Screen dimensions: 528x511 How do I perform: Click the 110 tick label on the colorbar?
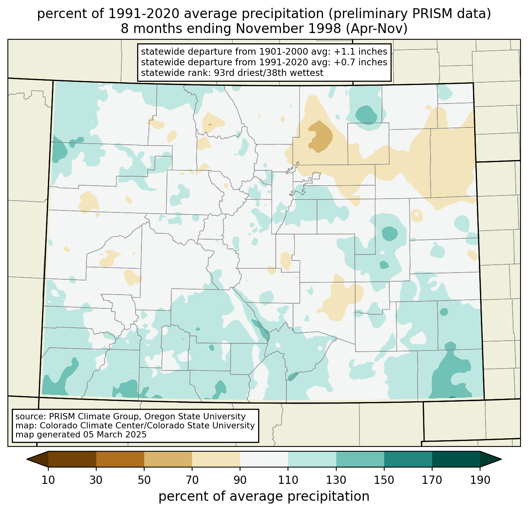click(x=288, y=480)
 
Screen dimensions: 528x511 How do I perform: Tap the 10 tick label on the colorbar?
click(x=48, y=480)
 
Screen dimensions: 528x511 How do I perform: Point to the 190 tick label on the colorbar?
click(x=480, y=480)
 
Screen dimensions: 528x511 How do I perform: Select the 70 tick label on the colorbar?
click(x=192, y=480)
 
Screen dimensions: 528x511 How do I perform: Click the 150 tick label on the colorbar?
click(x=384, y=480)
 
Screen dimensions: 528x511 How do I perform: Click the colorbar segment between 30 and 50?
click(x=120, y=459)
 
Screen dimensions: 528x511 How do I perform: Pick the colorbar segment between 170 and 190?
click(x=456, y=459)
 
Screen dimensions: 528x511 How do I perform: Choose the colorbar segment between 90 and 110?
click(x=264, y=459)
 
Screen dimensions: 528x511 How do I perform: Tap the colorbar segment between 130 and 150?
click(x=360, y=459)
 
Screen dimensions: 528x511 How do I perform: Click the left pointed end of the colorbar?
click(x=27, y=459)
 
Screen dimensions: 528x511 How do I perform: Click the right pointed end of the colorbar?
click(x=501, y=459)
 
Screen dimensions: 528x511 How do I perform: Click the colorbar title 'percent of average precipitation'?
click(x=264, y=497)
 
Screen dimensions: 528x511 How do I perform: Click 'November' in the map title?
click(x=288, y=29)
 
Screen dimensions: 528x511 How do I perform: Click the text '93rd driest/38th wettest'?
click(x=269, y=73)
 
